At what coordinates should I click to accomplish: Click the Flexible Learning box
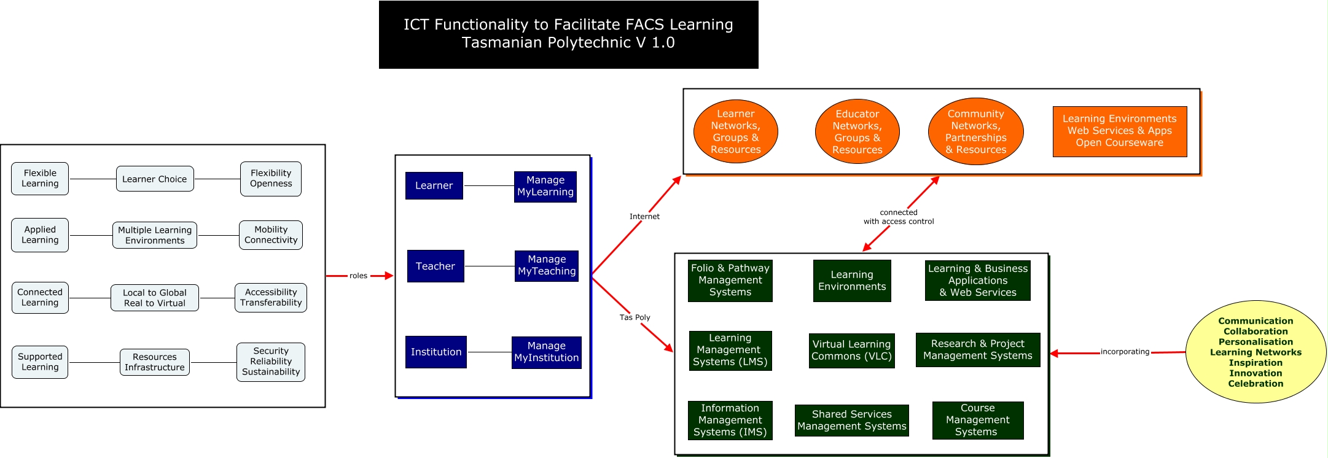pyautogui.click(x=40, y=179)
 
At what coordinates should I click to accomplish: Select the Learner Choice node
pyautogui.click(x=155, y=179)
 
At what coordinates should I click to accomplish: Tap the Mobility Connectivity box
pyautogui.click(x=271, y=235)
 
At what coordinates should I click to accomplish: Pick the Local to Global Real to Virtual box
pyautogui.click(x=155, y=298)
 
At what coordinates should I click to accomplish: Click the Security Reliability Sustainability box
pyautogui.click(x=271, y=362)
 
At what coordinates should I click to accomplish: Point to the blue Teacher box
pyautogui.click(x=436, y=266)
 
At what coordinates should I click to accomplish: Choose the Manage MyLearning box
pyautogui.click(x=545, y=187)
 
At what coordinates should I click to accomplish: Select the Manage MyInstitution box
pyautogui.click(x=547, y=352)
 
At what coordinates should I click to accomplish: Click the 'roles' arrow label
pyautogui.click(x=359, y=276)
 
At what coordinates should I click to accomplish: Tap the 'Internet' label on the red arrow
pyautogui.click(x=644, y=217)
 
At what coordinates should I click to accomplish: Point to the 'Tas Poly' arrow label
pyautogui.click(x=635, y=317)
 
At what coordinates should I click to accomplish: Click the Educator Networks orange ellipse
pyautogui.click(x=857, y=131)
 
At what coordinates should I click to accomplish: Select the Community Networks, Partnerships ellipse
pyautogui.click(x=976, y=131)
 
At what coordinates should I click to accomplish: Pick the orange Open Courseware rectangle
pyautogui.click(x=1120, y=131)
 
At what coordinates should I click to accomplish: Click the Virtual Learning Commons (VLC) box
pyautogui.click(x=851, y=351)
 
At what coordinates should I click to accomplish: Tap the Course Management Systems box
pyautogui.click(x=978, y=421)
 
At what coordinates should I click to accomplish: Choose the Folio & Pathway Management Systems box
pyautogui.click(x=730, y=281)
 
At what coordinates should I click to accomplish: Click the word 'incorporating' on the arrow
pyautogui.click(x=1125, y=352)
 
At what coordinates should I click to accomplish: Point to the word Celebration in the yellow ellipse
pyautogui.click(x=1256, y=384)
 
